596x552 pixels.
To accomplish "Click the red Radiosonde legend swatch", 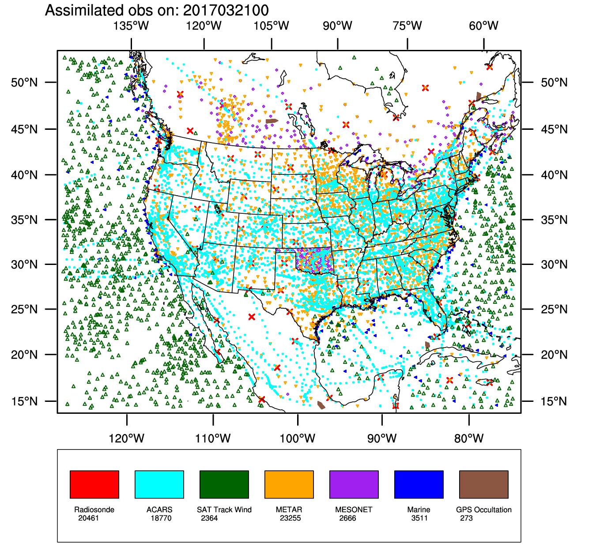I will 94,484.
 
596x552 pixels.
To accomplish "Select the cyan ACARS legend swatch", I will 159,484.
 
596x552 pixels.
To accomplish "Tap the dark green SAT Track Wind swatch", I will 224,484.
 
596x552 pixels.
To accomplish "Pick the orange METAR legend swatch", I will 289,484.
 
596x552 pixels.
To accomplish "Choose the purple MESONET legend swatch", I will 354,484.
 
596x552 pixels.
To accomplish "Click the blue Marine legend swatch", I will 419,484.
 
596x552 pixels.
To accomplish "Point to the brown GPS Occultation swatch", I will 484,484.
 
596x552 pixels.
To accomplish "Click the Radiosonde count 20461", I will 89,518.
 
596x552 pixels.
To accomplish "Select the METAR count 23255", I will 290,518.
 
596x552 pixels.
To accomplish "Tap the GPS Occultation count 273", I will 466,518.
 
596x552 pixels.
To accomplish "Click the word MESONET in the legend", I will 354,510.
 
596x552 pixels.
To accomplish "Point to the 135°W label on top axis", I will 131,26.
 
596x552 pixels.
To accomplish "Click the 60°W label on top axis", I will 483,26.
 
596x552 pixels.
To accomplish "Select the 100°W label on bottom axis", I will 298,438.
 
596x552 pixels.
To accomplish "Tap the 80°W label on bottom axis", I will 469,438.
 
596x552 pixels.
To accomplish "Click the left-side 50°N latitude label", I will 25,83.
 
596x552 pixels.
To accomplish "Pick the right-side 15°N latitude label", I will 554,401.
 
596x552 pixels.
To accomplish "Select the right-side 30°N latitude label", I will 554,265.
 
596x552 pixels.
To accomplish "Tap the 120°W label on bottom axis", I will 127,438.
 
